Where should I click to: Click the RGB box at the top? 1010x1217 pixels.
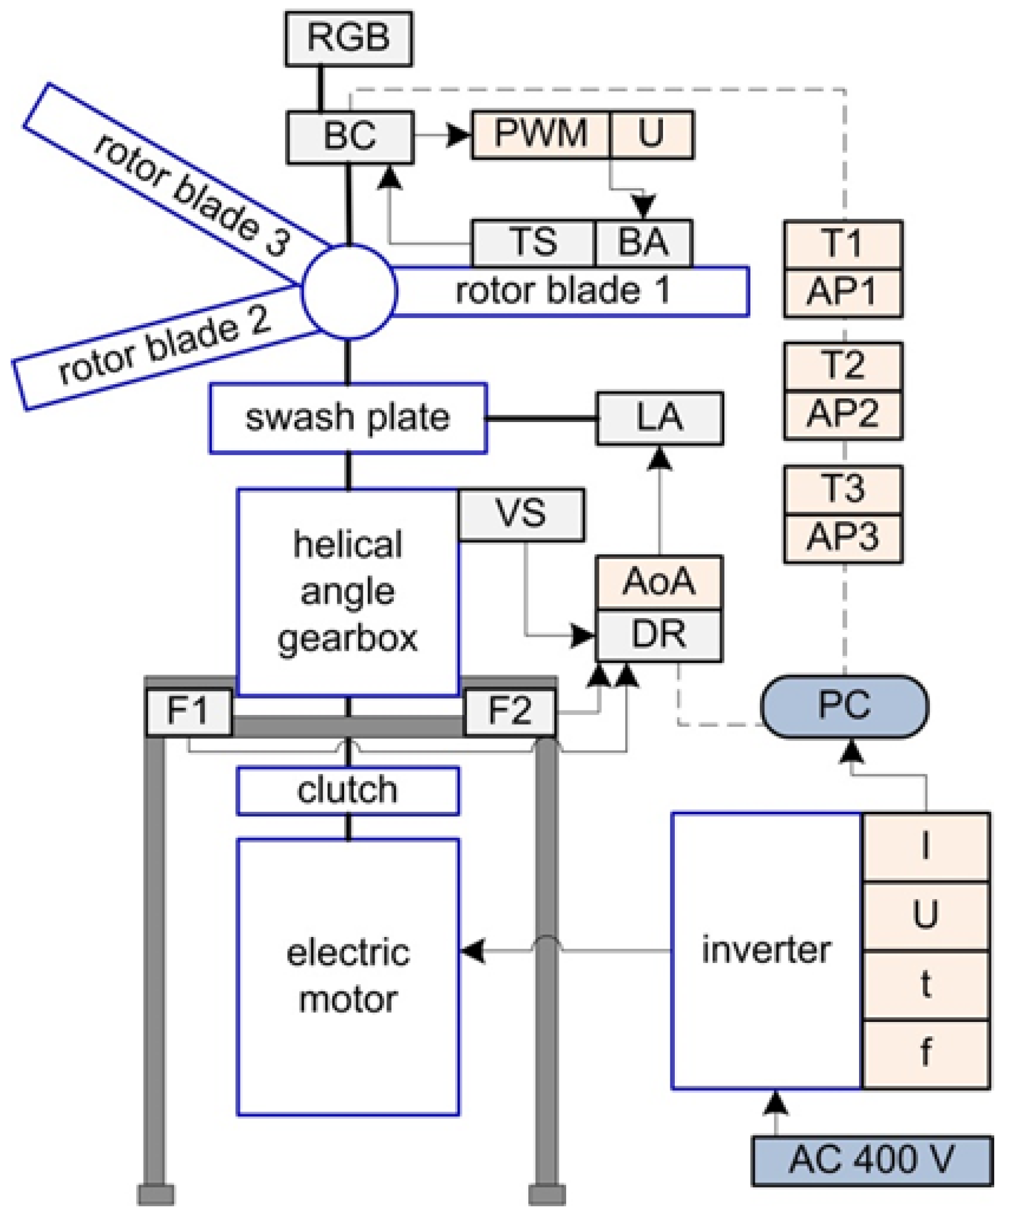coord(348,38)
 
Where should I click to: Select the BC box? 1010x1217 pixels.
coord(350,137)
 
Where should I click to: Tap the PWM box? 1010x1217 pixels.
coord(541,134)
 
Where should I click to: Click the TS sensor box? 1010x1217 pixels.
coord(533,242)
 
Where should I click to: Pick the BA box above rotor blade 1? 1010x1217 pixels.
coord(643,242)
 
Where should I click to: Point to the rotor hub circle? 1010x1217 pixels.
coord(349,291)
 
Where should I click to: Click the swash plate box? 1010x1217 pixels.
coord(348,418)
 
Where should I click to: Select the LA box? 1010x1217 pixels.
coord(660,419)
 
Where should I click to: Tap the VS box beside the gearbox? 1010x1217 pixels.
coord(521,514)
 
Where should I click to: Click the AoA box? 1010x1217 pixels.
coord(659,582)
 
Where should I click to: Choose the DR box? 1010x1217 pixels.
coord(659,634)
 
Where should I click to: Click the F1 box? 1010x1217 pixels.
coord(188,712)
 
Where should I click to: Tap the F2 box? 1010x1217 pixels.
coord(510,712)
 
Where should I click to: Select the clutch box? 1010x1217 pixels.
coord(348,790)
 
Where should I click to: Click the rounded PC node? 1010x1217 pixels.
coord(844,706)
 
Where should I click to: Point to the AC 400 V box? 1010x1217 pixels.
coord(871,1160)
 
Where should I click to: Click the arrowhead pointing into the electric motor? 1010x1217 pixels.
coord(473,950)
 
